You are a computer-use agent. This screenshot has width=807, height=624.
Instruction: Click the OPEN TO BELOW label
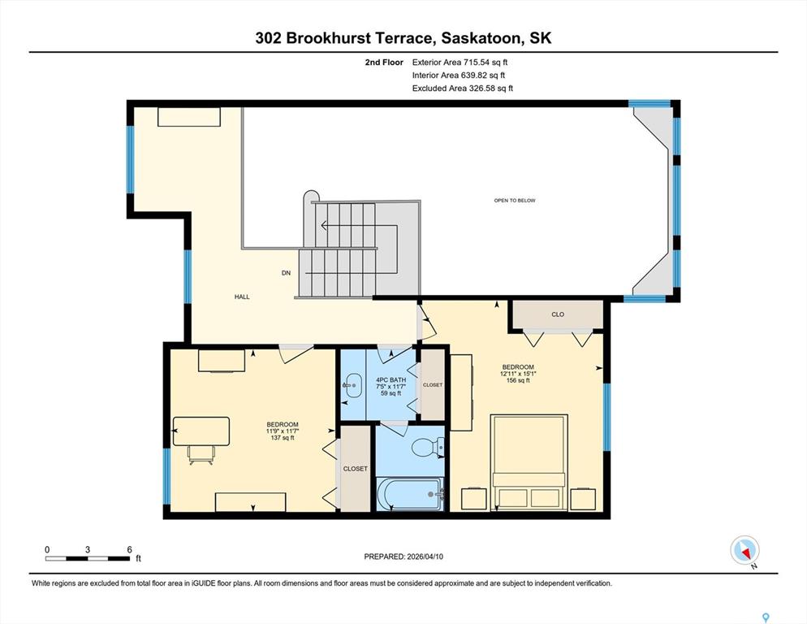point(515,201)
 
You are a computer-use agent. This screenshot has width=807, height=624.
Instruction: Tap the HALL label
point(242,297)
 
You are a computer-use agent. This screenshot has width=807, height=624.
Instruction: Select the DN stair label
point(286,273)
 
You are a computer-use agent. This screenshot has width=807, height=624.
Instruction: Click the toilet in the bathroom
point(428,447)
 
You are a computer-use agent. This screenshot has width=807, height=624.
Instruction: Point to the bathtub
point(410,494)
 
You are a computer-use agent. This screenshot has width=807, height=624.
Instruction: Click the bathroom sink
point(353,385)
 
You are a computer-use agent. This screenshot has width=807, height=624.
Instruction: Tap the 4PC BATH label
point(391,379)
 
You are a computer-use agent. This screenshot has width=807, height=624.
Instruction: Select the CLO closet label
point(558,314)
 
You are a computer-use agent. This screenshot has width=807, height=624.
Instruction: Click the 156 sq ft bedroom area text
point(518,380)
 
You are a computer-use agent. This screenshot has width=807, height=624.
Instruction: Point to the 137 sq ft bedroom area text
point(283,438)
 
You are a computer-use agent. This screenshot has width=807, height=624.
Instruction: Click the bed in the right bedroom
point(529,462)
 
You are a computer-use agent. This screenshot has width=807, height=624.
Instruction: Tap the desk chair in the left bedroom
point(201,454)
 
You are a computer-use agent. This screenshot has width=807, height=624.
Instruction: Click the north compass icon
point(744,550)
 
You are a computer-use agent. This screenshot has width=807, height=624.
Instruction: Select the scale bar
point(88,558)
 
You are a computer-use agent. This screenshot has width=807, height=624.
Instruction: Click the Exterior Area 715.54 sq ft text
point(460,63)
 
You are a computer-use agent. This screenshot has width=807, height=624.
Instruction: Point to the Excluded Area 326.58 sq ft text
point(463,88)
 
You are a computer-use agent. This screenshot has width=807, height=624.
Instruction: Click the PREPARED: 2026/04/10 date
point(403,557)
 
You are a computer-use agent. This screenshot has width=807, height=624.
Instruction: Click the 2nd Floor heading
point(384,63)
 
